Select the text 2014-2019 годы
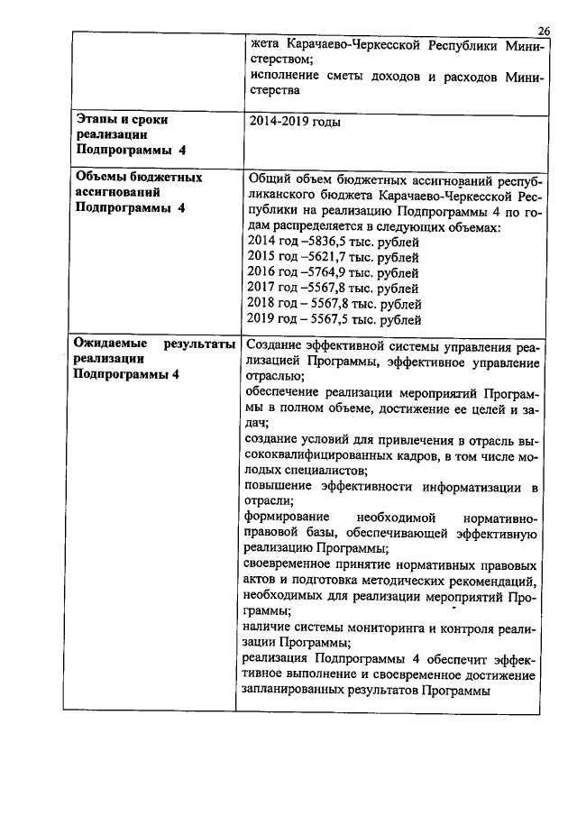point(294,121)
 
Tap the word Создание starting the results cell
point(277,346)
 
